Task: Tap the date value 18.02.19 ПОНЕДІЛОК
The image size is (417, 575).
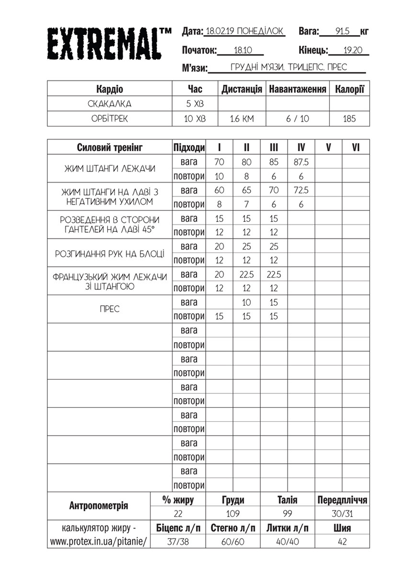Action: click(x=244, y=32)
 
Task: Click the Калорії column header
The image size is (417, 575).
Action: click(x=349, y=89)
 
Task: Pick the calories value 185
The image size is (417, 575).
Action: click(x=349, y=119)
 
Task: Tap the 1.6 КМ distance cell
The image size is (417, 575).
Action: click(x=242, y=119)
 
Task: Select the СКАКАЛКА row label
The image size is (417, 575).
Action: click(x=110, y=103)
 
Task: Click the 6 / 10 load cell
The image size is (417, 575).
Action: click(x=298, y=119)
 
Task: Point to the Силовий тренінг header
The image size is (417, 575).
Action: click(x=110, y=148)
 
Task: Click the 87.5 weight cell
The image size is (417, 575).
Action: click(x=301, y=162)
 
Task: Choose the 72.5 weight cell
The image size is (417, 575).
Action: click(x=301, y=190)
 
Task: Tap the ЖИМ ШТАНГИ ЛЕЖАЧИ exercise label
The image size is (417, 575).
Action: click(x=110, y=169)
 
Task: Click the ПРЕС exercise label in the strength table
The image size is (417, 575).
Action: click(x=110, y=309)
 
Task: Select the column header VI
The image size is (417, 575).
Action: click(x=356, y=148)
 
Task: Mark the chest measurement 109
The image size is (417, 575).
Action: click(x=233, y=514)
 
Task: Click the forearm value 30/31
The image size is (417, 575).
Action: click(x=342, y=514)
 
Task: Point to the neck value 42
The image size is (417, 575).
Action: click(x=342, y=542)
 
